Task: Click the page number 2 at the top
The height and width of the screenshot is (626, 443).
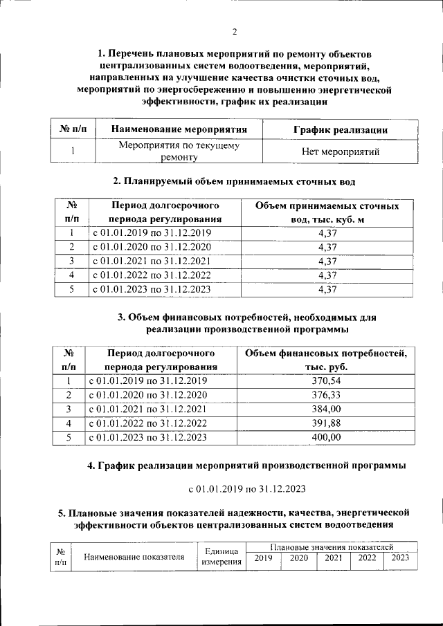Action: click(x=235, y=32)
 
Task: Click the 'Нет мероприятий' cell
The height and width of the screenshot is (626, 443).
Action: click(x=341, y=151)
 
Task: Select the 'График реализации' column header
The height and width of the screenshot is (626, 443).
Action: click(x=340, y=129)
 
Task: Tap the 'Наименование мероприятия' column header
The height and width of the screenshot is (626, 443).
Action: click(x=179, y=129)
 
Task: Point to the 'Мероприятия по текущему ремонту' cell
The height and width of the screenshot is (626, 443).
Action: click(x=179, y=151)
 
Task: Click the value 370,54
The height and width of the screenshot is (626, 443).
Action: click(x=327, y=380)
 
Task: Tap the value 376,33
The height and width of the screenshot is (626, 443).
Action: click(x=327, y=395)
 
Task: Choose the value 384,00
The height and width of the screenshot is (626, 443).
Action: click(x=327, y=409)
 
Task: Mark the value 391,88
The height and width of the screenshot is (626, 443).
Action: click(x=327, y=423)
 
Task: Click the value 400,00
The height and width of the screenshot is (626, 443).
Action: click(x=327, y=437)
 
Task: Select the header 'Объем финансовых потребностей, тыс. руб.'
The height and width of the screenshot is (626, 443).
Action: click(x=327, y=360)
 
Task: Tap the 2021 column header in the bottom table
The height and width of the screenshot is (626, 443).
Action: click(x=334, y=558)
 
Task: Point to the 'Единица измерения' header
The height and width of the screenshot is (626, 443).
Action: click(x=221, y=557)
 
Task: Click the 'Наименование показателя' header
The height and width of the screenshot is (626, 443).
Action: click(x=134, y=557)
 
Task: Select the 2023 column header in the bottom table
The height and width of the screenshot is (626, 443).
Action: click(x=400, y=558)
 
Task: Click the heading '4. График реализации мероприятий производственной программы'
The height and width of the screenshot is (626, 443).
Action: click(x=246, y=466)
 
